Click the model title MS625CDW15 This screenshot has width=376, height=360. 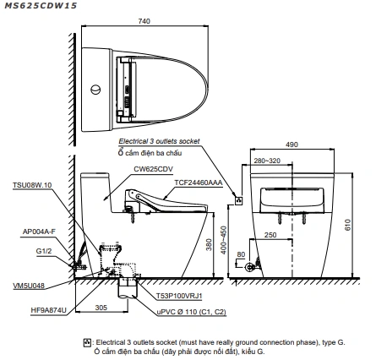click(41, 5)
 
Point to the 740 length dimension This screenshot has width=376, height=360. click(144, 21)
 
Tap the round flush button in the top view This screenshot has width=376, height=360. click(95, 90)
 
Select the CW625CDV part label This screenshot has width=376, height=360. click(154, 169)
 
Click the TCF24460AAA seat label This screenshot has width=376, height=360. click(199, 183)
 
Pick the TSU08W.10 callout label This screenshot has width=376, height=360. click(32, 185)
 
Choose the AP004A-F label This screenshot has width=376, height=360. click(39, 232)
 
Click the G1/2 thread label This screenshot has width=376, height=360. click(44, 251)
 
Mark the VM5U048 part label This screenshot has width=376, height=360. click(29, 286)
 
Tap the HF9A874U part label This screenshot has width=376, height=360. click(49, 310)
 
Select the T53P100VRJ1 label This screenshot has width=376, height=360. click(179, 296)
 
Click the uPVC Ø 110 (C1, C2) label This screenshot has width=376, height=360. click(192, 312)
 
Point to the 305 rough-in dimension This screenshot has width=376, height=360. click(101, 308)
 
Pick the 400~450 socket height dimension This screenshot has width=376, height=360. click(223, 240)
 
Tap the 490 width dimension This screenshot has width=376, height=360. click(292, 145)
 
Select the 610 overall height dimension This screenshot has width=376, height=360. click(347, 225)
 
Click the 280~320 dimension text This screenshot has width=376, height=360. click(267, 161)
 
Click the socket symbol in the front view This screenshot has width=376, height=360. click(239, 200)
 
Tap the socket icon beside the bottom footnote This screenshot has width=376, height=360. click(87, 342)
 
